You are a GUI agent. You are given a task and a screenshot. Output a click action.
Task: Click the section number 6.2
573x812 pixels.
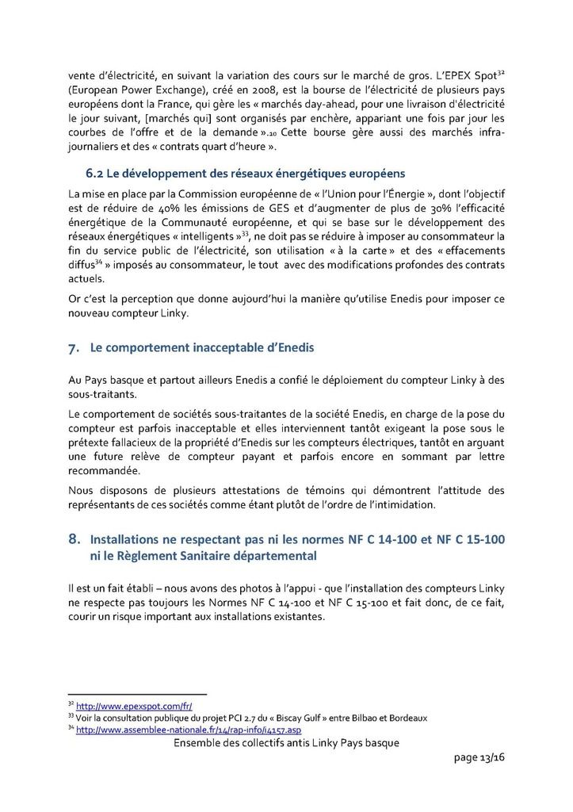coord(94,173)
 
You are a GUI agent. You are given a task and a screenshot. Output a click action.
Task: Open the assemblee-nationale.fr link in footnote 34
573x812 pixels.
coord(188,730)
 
